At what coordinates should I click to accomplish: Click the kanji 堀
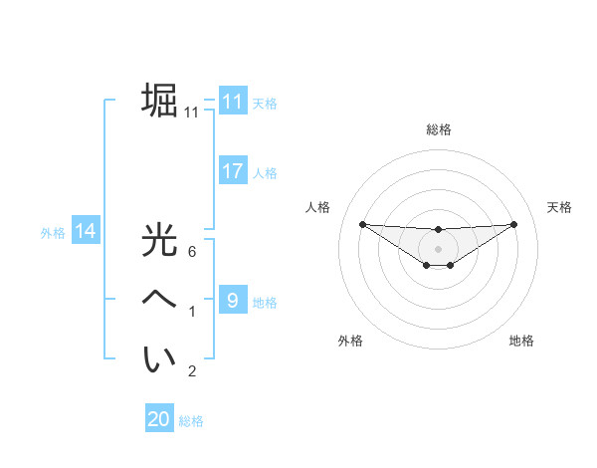159,101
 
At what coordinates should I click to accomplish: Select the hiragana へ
159,299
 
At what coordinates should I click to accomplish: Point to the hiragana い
159,358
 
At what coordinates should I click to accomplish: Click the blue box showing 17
232,171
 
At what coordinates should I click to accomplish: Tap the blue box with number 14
86,231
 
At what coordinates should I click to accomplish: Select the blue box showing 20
159,419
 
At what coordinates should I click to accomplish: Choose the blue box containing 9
232,300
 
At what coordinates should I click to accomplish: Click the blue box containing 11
232,101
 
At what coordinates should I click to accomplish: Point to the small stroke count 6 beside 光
192,252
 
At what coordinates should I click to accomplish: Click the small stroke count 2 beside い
192,372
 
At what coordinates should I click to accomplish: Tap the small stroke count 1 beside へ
192,313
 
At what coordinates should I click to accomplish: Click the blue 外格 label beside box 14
53,233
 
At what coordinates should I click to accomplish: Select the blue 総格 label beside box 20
191,421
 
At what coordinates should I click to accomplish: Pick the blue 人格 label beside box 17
265,173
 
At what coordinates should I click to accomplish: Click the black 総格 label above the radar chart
438,129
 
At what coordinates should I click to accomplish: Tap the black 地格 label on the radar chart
521,341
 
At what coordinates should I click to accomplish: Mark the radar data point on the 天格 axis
514,224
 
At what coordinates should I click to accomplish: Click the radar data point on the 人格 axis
362,224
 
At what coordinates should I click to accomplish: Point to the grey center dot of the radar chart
438,248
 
